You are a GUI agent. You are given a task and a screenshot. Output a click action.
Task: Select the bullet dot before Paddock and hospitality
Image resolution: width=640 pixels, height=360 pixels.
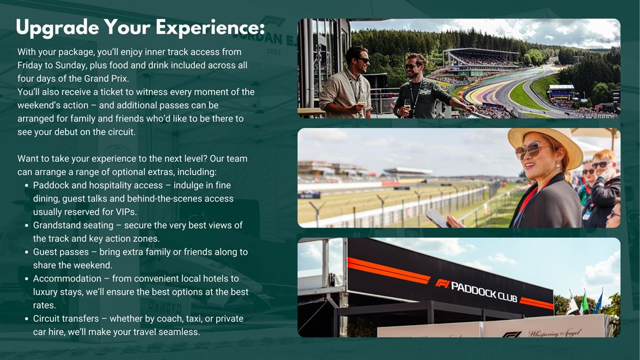coord(27,185)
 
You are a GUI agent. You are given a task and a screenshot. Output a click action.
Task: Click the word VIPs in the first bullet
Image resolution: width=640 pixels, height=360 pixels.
coord(125,212)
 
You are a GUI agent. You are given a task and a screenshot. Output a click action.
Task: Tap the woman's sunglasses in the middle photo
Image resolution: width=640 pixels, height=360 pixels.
coord(531,150)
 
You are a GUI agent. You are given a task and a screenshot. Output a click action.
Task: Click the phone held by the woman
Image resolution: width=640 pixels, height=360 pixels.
coord(438,218)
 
